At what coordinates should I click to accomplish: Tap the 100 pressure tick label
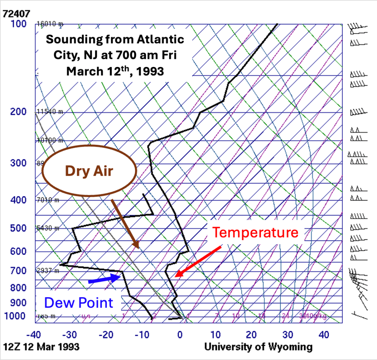pos(19,24)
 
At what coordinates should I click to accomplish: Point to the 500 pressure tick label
pos(19,228)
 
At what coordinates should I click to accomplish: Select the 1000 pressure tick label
pos(16,316)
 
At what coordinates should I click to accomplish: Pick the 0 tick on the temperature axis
pos(180,335)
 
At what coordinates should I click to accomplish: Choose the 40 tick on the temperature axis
pos(324,335)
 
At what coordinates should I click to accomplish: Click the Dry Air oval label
pos(89,171)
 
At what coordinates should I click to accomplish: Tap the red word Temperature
pos(256,232)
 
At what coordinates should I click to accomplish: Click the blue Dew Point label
pos(78,303)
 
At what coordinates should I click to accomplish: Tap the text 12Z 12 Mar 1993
pos(41,347)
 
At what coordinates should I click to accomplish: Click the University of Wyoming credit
pos(258,347)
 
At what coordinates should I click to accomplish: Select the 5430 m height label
pos(48,228)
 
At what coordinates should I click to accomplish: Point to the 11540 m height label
pos(49,112)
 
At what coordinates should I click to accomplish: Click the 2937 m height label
pos(48,271)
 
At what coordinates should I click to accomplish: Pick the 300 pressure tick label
pos(19,163)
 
